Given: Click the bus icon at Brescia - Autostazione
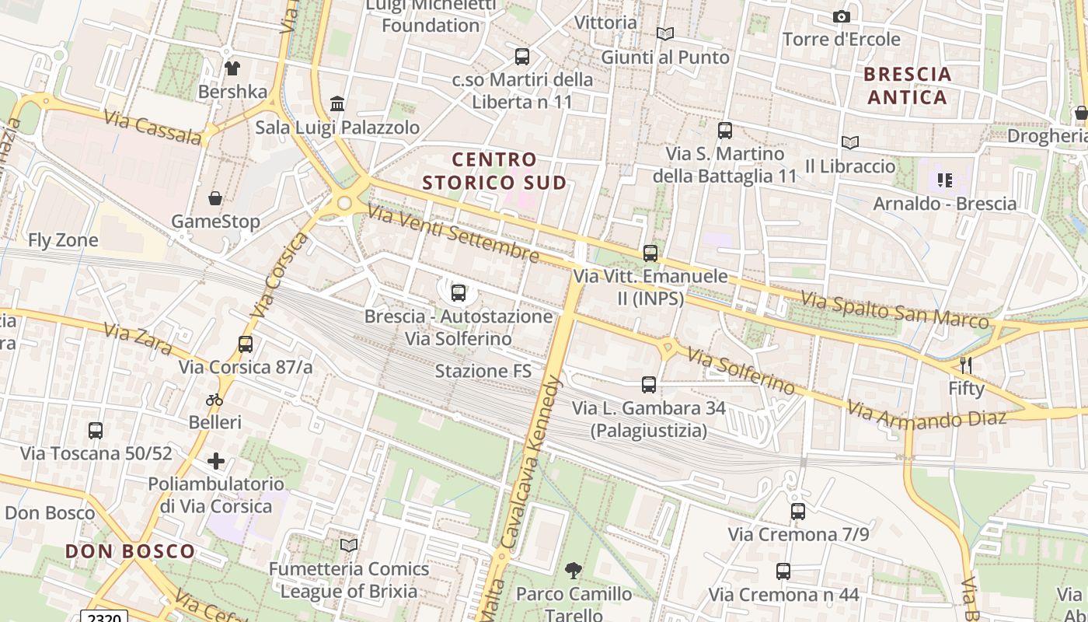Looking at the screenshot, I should [459, 293].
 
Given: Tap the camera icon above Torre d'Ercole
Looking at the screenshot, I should [841, 16].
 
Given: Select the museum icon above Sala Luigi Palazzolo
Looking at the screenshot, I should [337, 103].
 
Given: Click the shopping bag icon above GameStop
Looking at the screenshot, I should [215, 198].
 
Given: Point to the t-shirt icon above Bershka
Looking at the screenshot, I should [232, 68].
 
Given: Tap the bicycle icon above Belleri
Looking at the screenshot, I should [214, 400].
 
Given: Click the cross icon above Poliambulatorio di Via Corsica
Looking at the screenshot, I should [215, 461].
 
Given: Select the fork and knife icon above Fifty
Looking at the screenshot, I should [966, 365].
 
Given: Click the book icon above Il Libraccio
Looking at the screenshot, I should [850, 142].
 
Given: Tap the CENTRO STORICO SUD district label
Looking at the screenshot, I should [494, 171].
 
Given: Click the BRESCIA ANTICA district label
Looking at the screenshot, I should [907, 86].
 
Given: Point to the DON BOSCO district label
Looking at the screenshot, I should [131, 551].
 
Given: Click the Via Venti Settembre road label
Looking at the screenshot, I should [453, 232].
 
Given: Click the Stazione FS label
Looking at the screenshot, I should [483, 371].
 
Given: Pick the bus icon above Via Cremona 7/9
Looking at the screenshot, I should [798, 511].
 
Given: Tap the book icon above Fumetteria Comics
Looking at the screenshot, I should [349, 545].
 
